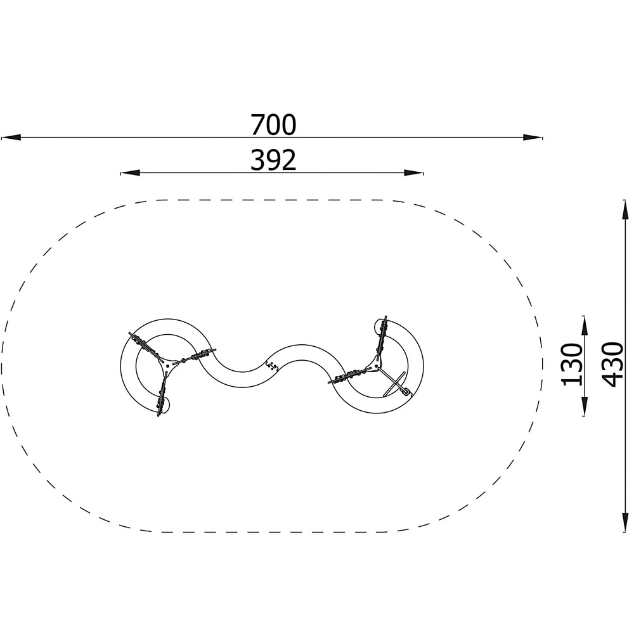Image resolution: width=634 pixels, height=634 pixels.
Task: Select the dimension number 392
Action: point(273,160)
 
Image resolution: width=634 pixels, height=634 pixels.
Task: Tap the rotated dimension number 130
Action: point(571,365)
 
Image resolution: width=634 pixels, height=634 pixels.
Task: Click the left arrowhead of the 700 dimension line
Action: point(11,138)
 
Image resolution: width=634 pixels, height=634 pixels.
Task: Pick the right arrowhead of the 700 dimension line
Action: point(533,138)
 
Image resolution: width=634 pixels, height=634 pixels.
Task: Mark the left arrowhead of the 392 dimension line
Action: point(130,173)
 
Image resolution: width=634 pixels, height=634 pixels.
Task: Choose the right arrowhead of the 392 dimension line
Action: point(414,173)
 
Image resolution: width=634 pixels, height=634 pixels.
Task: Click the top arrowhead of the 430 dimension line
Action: point(625,209)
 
